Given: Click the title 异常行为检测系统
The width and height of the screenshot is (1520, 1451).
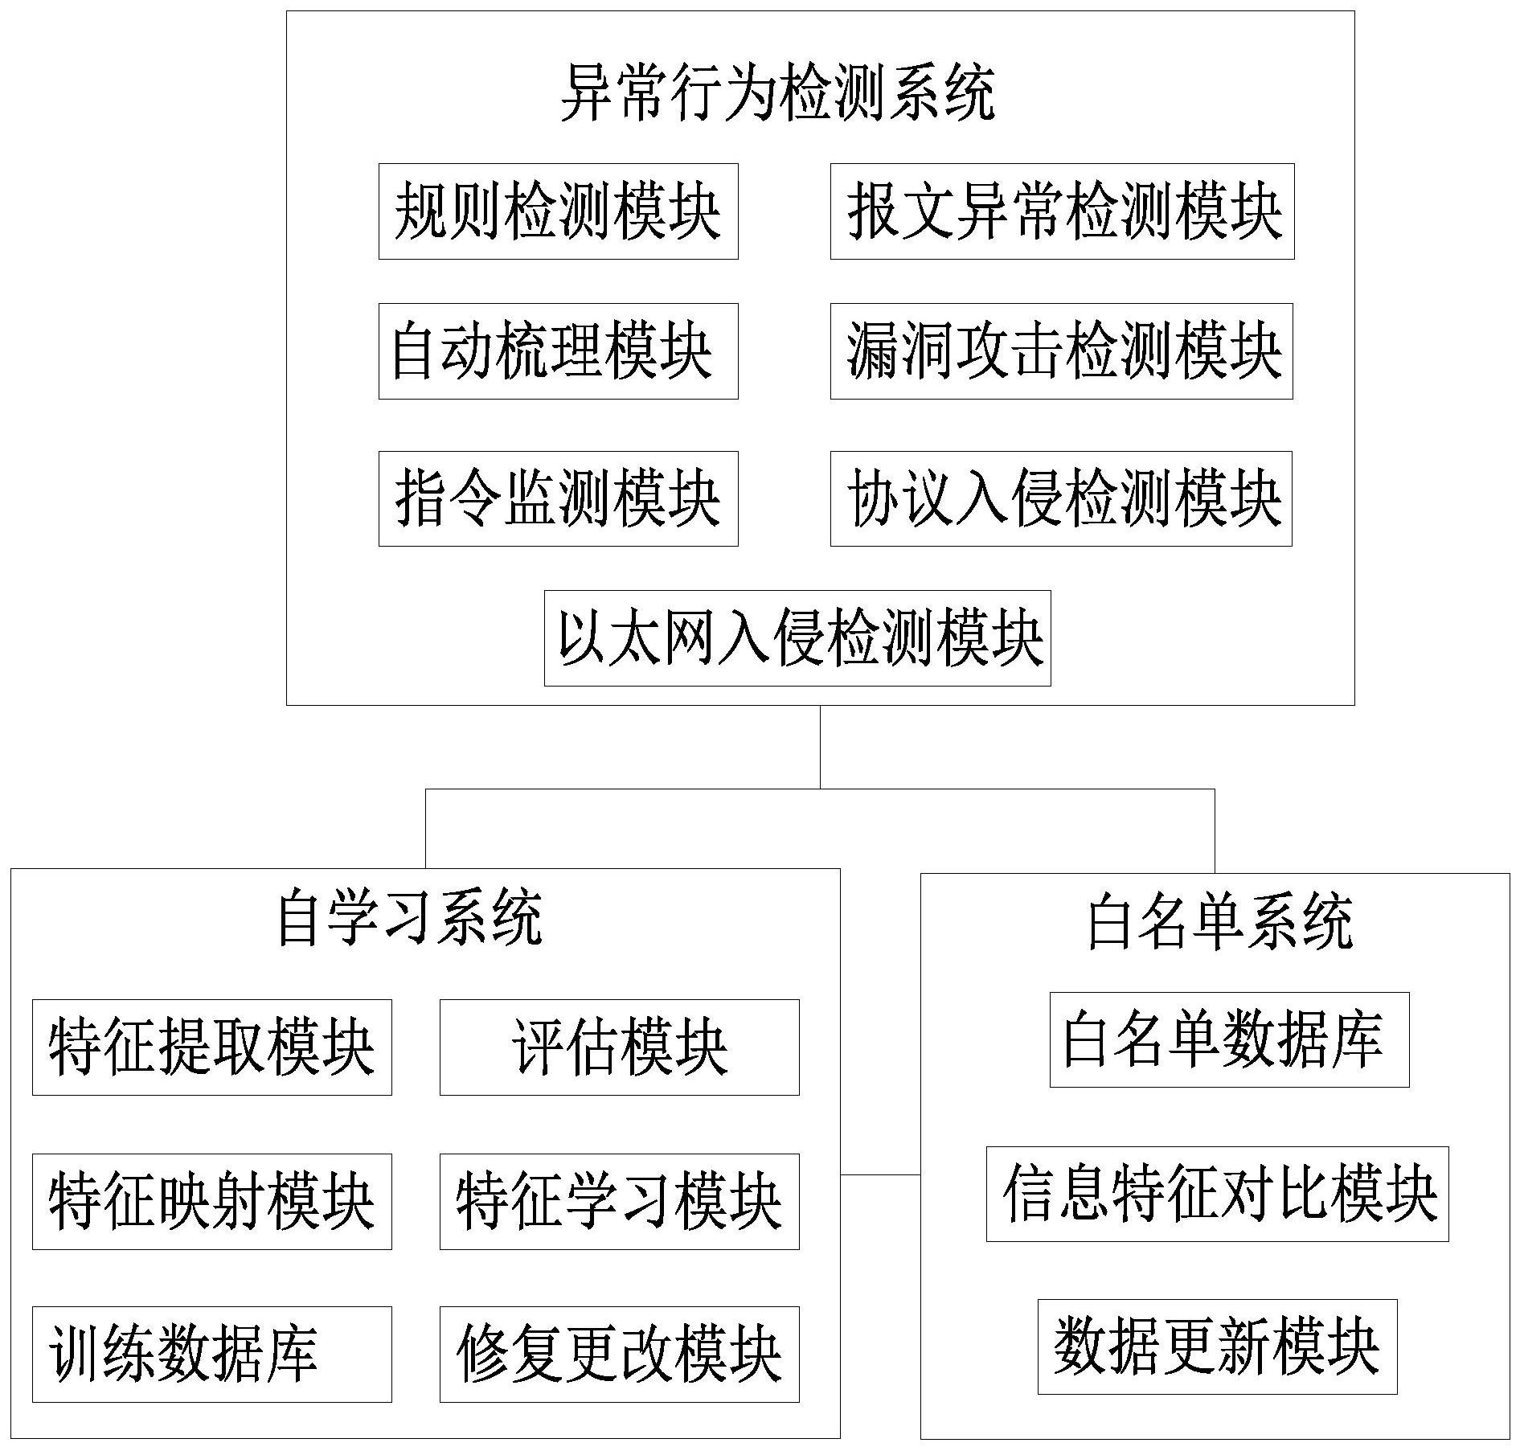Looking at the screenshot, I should coord(777,93).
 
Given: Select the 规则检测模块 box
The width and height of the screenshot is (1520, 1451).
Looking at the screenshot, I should coord(558,211).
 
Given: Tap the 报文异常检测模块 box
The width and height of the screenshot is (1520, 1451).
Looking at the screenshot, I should coord(1062,211).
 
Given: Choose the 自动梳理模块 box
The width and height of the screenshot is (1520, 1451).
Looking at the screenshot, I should coord(558,351).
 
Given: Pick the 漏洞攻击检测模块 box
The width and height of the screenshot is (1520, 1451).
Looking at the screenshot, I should coord(1061,351).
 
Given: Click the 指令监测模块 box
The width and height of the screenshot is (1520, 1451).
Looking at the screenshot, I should coord(558,498).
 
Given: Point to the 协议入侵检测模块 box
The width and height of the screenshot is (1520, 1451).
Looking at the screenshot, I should coord(1061,498).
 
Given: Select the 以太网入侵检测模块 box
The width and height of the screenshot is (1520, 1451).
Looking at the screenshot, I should coord(797,638).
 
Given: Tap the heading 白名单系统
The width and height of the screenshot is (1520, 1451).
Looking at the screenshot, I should coord(1219,923).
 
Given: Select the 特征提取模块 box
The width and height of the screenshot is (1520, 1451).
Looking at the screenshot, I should coord(211,1047).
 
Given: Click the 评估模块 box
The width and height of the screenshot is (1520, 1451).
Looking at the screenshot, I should coord(619,1047).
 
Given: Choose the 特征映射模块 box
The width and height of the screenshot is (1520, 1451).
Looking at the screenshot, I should coord(211,1202).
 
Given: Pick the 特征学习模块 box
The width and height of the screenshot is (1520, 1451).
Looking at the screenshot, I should coord(619,1202).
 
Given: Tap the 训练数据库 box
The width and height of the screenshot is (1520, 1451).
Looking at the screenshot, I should coord(211,1355).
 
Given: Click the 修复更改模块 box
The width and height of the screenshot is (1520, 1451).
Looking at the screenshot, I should coord(619,1355).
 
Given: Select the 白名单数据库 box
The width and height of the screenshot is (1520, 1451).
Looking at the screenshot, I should coord(1229,1039).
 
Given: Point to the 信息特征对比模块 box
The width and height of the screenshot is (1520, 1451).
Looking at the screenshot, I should coord(1217,1194).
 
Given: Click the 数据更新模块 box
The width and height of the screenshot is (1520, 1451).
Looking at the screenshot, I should coord(1217,1346).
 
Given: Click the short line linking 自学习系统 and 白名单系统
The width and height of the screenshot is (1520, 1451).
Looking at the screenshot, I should coord(880,1174).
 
